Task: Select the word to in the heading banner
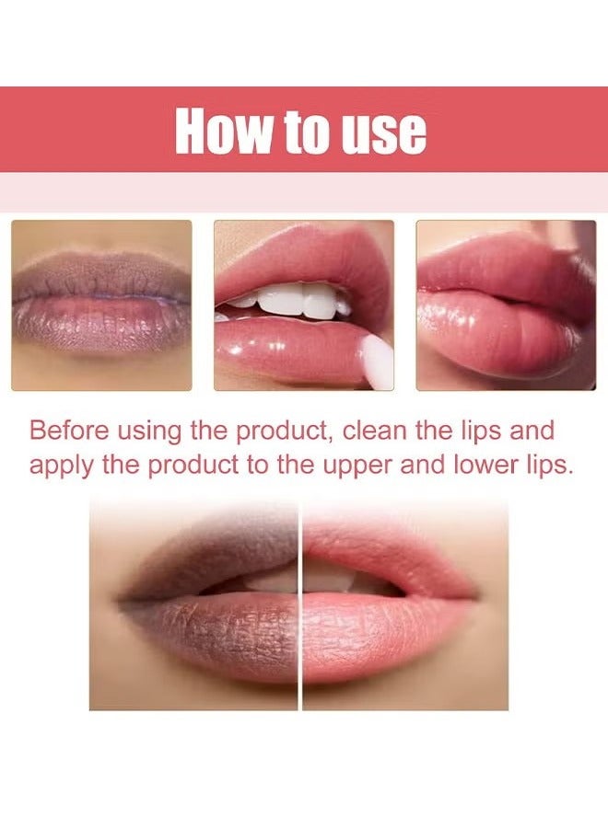point(306,131)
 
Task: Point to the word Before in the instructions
point(66,430)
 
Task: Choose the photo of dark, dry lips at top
point(101,305)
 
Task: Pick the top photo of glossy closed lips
point(505,305)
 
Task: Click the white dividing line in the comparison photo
point(299,607)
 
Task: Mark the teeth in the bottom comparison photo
point(304,579)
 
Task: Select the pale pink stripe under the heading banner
point(304,192)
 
